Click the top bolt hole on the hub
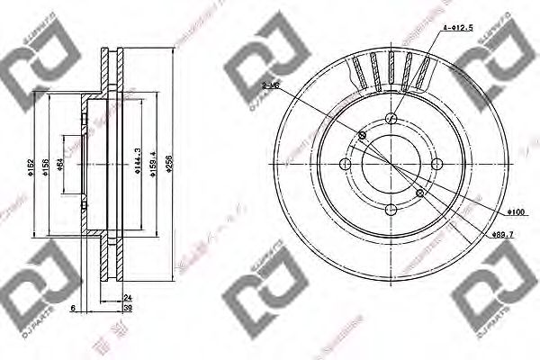(x=391, y=119)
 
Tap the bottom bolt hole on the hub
(x=391, y=209)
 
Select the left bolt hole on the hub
(x=346, y=164)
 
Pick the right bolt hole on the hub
(x=436, y=164)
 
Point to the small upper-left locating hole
(x=363, y=136)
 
